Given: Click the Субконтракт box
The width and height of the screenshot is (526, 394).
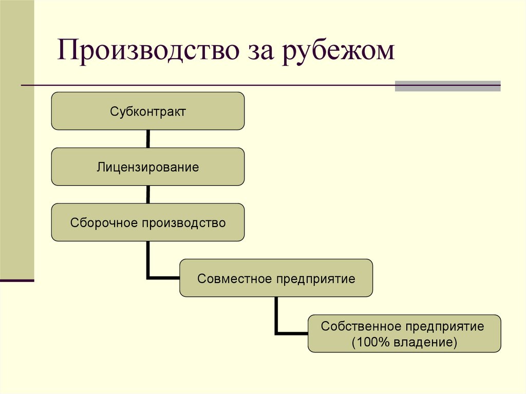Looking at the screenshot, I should (148, 111).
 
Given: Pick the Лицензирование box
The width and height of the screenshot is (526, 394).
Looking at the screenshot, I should (148, 167).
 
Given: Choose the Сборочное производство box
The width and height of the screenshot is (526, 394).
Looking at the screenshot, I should (148, 223).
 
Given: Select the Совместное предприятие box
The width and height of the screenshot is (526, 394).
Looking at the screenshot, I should (276, 278).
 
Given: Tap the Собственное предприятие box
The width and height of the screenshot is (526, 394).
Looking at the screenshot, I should (404, 334).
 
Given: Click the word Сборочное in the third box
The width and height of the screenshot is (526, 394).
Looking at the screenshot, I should (104, 223).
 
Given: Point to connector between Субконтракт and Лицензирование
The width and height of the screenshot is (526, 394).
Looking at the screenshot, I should (148, 139).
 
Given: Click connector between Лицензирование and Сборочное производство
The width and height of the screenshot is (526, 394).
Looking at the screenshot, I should (148, 195).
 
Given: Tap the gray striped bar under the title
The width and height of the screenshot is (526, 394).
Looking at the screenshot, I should (447, 86).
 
